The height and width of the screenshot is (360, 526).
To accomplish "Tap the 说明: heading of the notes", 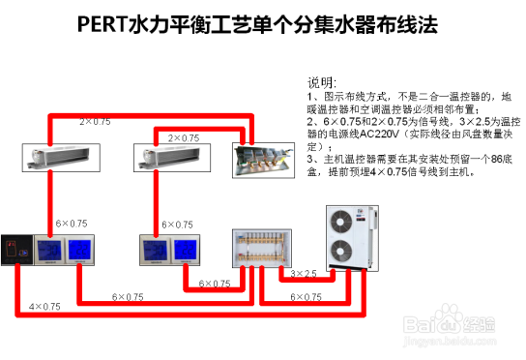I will [x=322, y=82].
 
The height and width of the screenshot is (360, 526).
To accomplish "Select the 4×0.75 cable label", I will [x=44, y=306].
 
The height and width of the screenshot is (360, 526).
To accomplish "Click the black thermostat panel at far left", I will [x=16, y=250].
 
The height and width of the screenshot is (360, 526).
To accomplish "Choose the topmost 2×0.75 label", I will [x=95, y=121].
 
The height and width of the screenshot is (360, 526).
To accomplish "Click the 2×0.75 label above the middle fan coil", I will [x=184, y=138].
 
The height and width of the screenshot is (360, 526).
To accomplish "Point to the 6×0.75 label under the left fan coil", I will [x=72, y=223].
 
